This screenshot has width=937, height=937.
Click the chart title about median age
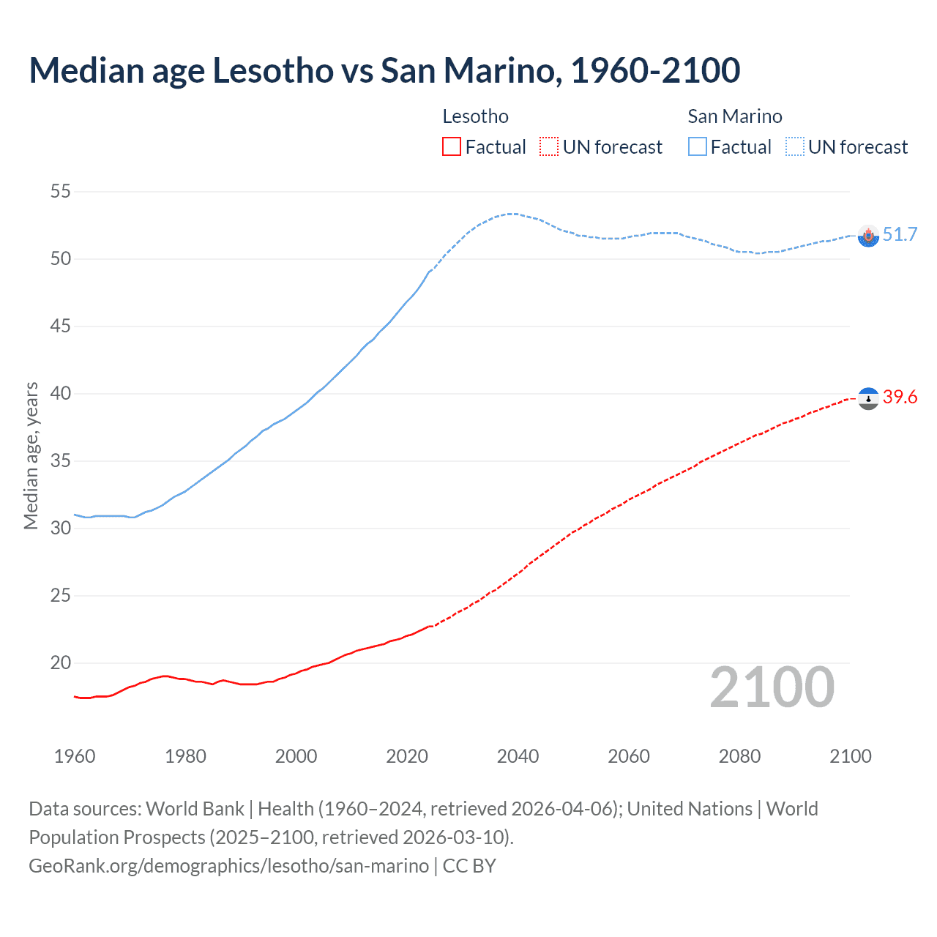click(384, 70)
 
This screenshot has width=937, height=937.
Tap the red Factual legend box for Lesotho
click(452, 147)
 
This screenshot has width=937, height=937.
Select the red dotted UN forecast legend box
click(549, 147)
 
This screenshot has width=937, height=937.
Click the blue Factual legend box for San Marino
click(697, 147)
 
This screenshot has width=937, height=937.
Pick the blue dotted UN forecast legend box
click(794, 147)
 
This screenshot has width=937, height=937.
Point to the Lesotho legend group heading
click(475, 116)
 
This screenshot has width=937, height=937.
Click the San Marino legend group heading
click(734, 116)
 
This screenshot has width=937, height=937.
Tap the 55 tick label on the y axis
click(60, 192)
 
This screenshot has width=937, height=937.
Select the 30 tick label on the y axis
click(60, 529)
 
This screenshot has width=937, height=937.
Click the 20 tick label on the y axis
click(60, 663)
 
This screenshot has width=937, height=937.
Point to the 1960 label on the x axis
click(75, 756)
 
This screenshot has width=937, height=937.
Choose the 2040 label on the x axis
click(518, 756)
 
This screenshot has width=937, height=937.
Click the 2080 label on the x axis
click(739, 756)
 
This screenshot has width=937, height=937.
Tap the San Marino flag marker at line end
click(868, 236)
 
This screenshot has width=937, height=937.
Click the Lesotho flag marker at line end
click(868, 398)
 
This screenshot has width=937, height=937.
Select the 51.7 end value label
click(900, 234)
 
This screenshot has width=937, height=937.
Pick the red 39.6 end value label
click(900, 397)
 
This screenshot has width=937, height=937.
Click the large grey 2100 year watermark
click(772, 687)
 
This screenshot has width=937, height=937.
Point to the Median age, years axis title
click(31, 455)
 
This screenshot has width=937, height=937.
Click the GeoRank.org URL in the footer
click(228, 866)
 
